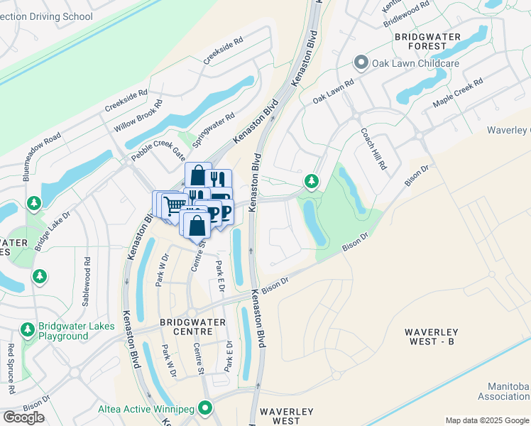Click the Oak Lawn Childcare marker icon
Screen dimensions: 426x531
pos(361,64)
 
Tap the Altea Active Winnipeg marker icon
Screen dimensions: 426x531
pos(206,408)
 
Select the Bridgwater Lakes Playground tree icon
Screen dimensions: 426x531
pos(27,329)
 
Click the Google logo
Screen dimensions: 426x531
pos(23,417)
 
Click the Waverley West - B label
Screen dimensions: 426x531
pos(439,337)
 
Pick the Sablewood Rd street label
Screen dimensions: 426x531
pos(86,281)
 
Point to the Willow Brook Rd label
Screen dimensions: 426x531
pos(138,116)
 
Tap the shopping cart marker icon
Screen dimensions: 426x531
pos(174,206)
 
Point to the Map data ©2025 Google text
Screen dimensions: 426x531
pos(487,420)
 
